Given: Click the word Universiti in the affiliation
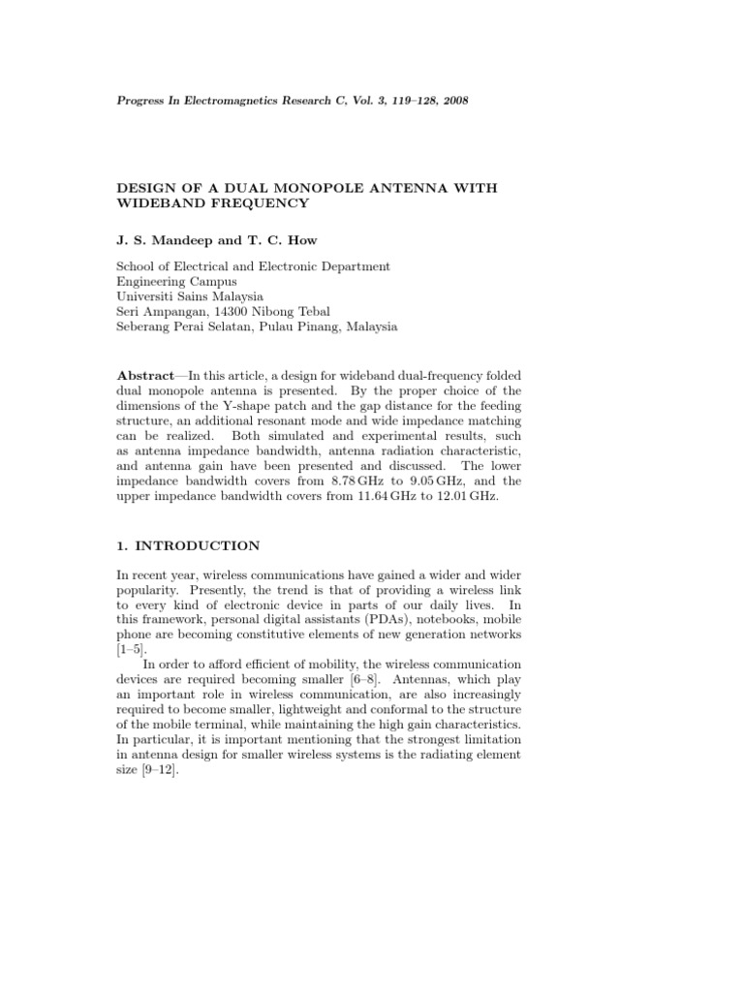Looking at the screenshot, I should (149, 295).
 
